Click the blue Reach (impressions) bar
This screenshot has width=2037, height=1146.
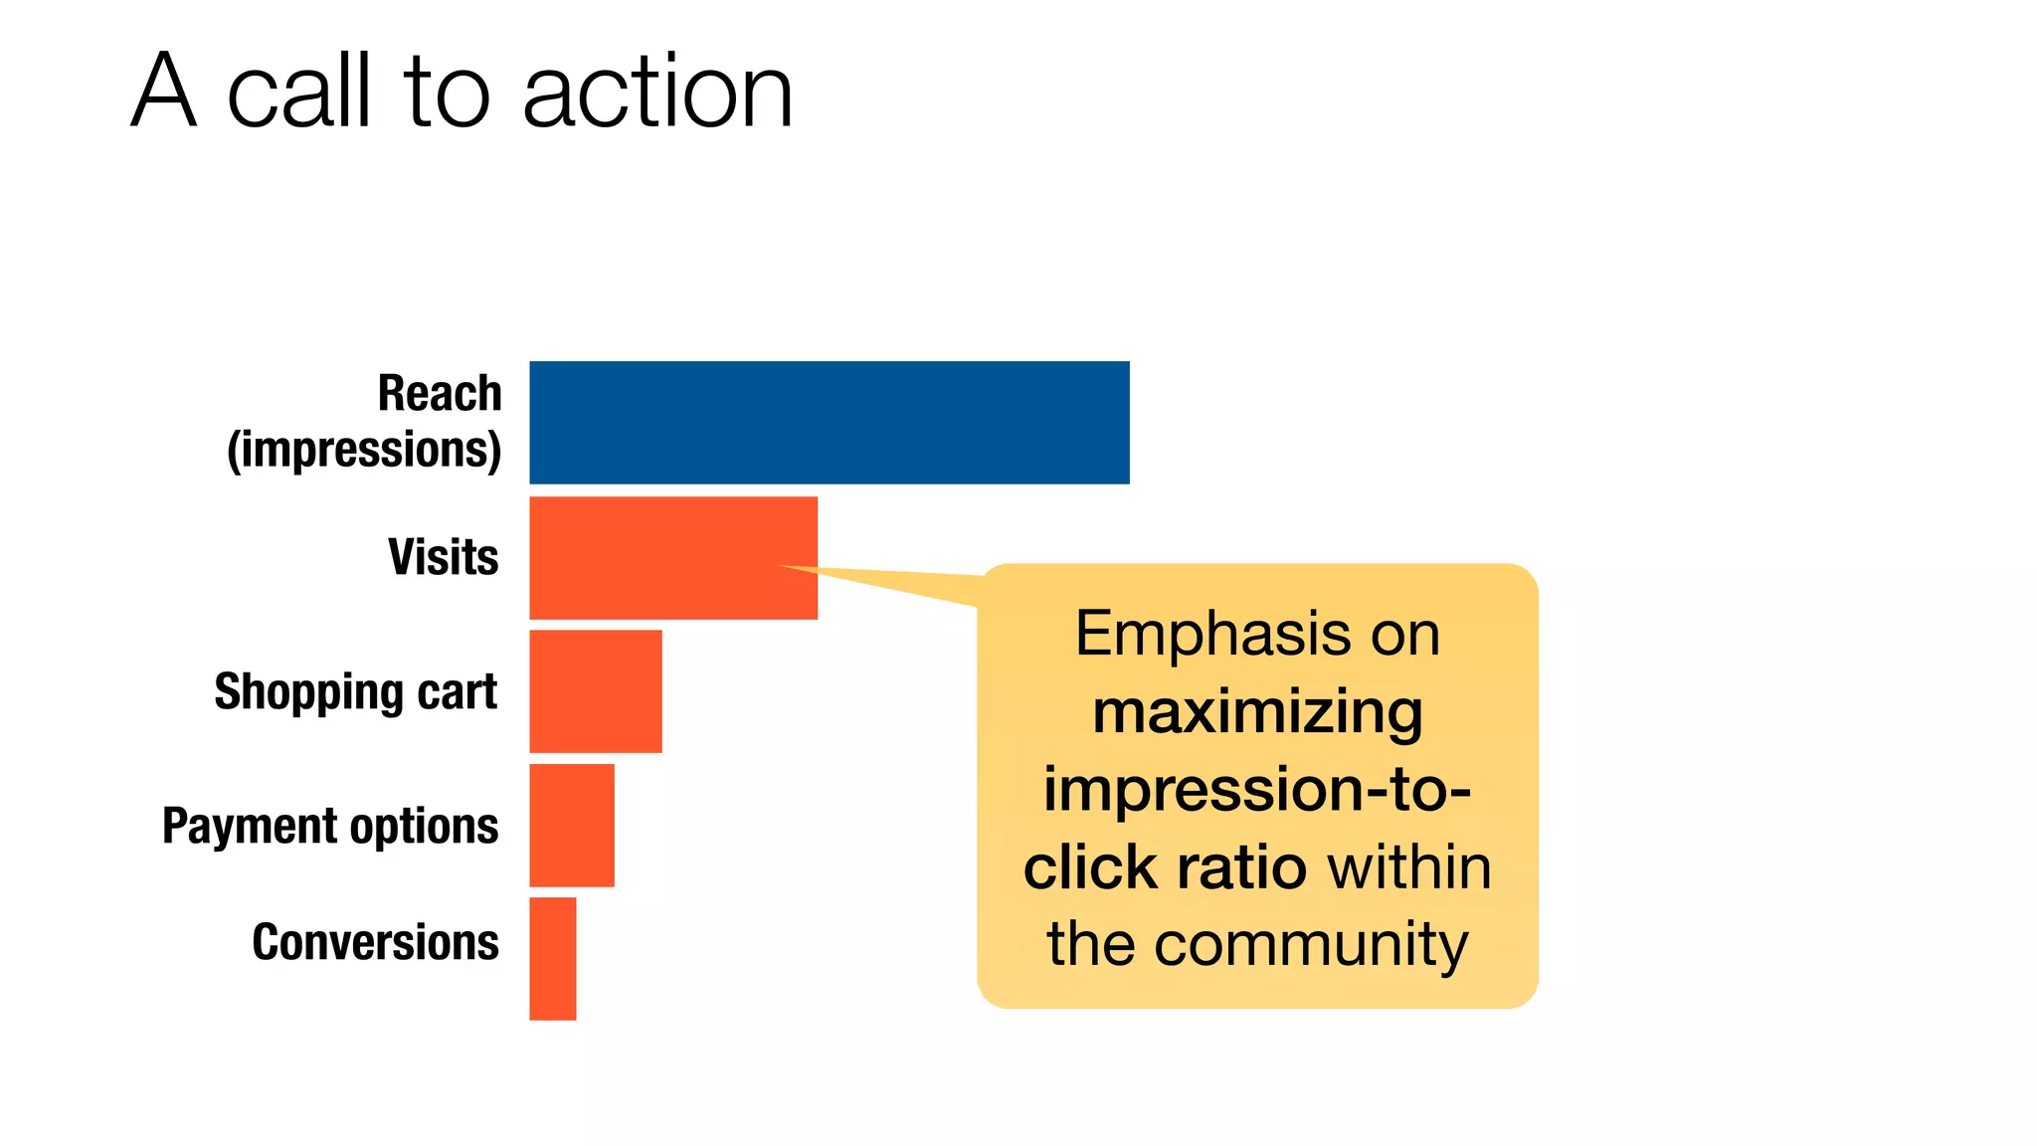829,422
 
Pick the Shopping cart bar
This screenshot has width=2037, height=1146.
595,691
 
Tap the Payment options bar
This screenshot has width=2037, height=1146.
571,825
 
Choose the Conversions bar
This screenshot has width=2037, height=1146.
552,958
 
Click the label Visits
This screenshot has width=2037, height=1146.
443,557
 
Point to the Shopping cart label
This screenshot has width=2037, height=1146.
355,691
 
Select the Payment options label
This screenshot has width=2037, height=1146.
330,826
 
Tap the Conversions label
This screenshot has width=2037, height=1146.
375,941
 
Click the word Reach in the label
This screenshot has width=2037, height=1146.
440,393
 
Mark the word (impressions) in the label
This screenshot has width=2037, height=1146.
364,450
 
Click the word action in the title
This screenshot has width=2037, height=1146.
656,92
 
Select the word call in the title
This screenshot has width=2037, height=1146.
299,92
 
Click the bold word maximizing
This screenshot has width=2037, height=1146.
1257,712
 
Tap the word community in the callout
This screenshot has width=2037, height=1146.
1311,943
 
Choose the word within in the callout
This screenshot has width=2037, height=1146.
1409,866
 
